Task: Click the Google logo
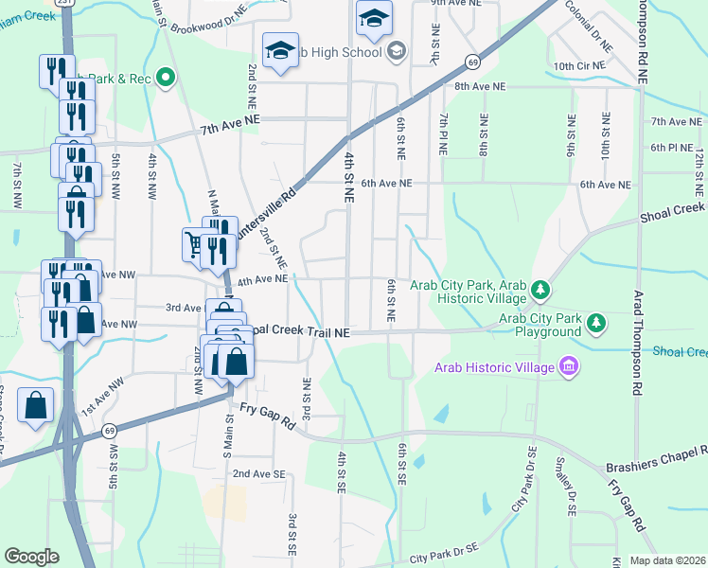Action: (31, 557)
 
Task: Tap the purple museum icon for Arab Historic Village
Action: (568, 365)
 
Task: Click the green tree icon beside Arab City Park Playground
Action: (596, 324)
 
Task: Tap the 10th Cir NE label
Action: (576, 65)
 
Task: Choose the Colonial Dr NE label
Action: (590, 26)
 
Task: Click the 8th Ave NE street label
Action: (483, 86)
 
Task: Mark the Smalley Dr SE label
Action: (571, 497)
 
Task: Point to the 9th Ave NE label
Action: (456, 4)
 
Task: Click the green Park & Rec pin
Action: (167, 77)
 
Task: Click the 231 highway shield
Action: (63, 4)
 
